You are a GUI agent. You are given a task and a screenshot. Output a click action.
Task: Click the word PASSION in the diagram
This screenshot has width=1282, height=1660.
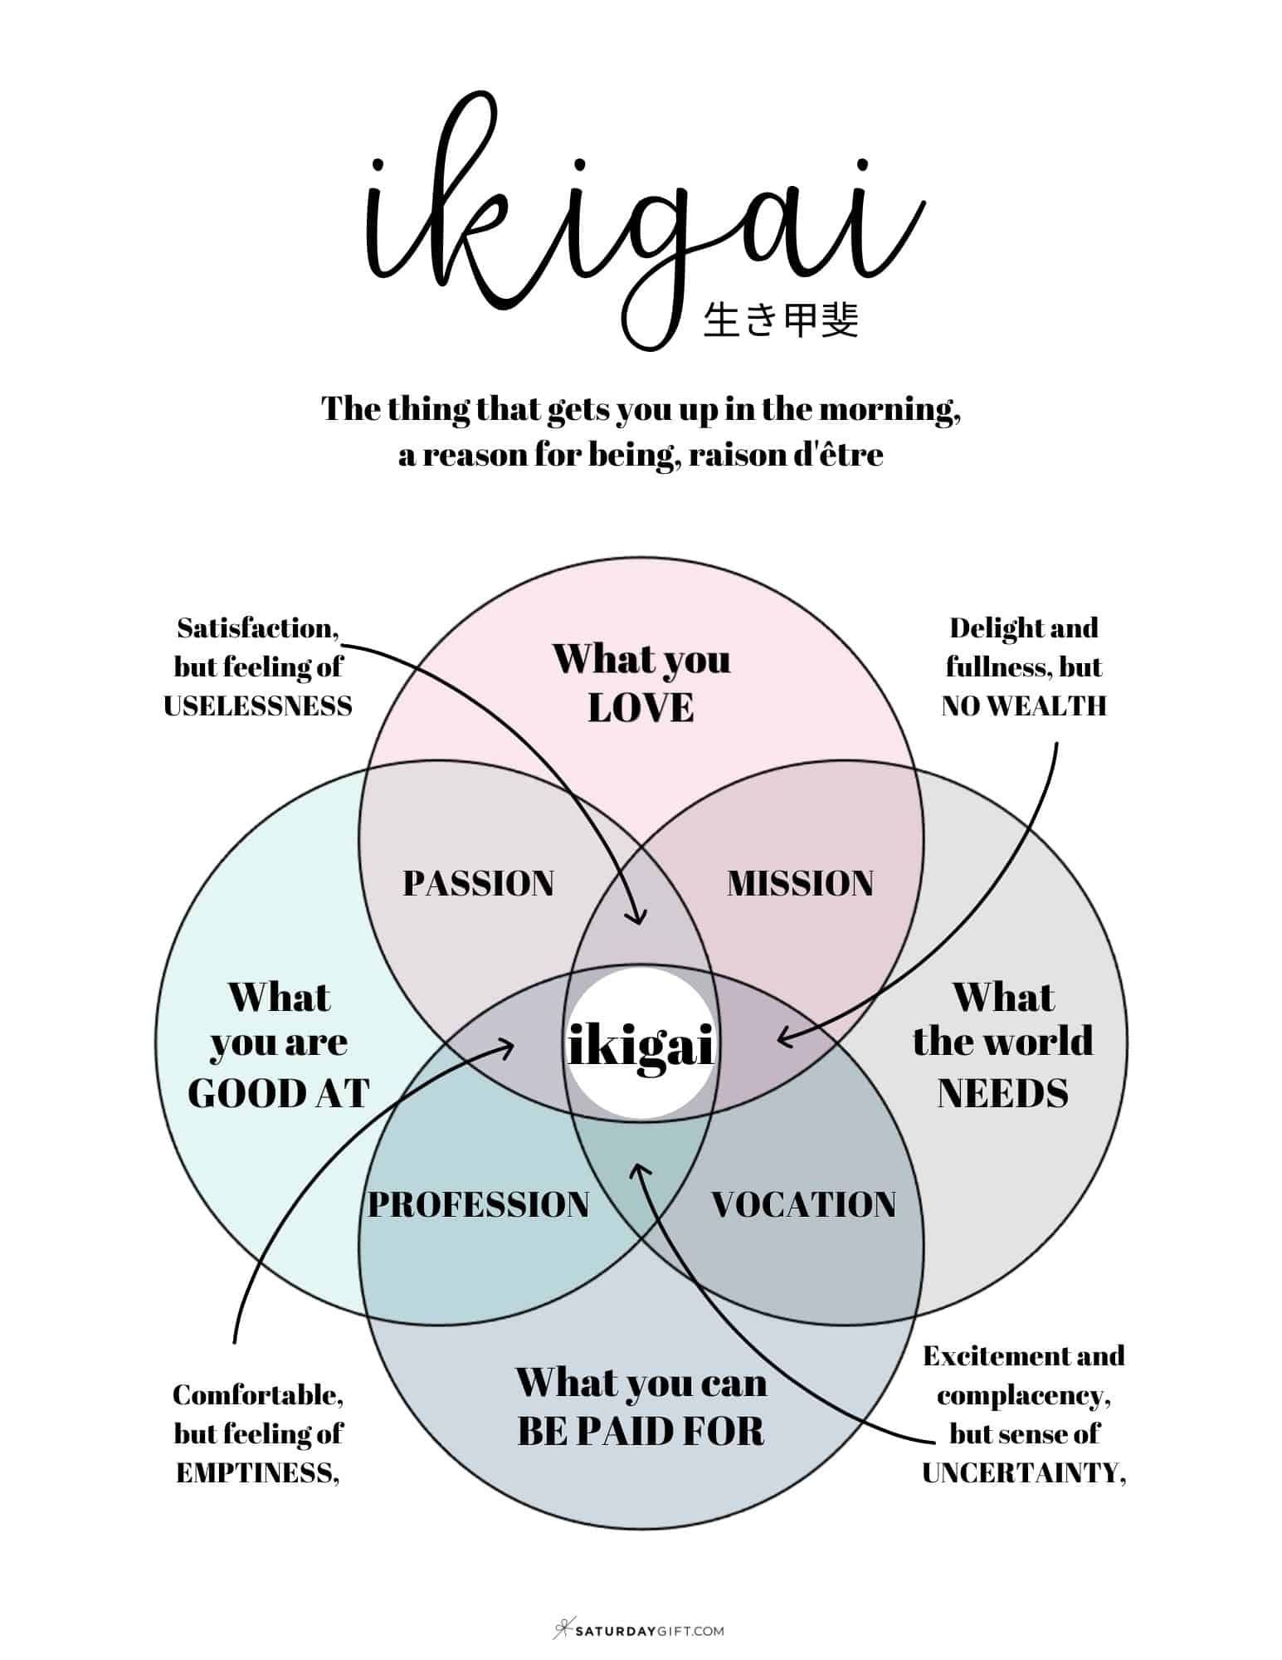click(x=478, y=883)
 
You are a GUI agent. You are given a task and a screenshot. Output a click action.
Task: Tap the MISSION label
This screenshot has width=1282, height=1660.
click(x=800, y=883)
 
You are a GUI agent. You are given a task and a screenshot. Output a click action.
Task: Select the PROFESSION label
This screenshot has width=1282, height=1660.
click(x=478, y=1204)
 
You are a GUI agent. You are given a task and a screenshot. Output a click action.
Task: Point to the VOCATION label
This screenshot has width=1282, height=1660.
click(x=803, y=1204)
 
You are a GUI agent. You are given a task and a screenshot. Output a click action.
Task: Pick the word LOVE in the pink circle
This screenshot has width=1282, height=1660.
click(x=641, y=707)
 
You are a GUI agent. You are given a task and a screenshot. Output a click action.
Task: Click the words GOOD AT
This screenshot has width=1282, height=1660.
click(x=279, y=1092)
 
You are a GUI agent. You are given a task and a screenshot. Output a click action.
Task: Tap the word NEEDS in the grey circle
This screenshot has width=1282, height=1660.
click(x=1002, y=1092)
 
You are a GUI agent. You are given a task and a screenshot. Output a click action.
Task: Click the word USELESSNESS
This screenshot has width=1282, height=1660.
click(x=258, y=706)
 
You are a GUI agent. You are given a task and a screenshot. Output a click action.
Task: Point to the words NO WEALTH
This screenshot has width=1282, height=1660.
click(x=1024, y=706)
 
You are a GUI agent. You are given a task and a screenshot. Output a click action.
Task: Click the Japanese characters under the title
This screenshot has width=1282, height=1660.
click(x=780, y=320)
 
